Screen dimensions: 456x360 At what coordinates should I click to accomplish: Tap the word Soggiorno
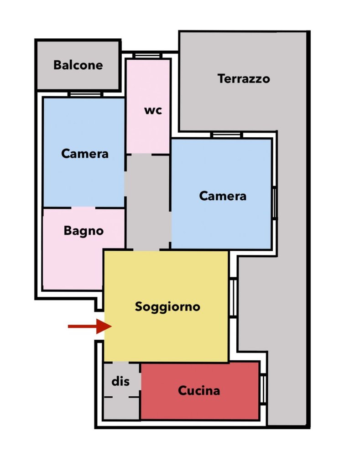coord(167,307)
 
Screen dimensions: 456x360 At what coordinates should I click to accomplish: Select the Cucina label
coord(199,391)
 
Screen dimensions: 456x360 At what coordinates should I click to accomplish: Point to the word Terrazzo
coord(244,79)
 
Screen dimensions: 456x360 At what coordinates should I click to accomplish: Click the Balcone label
coord(78,65)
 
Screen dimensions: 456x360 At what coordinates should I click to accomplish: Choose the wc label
coord(153,111)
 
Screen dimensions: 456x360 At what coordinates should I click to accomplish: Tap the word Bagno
coord(83,231)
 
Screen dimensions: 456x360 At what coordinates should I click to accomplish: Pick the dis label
coord(120,381)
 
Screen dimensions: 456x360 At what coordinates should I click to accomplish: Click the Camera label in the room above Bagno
coord(85,154)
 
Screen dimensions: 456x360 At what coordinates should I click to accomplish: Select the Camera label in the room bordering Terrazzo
coord(223,196)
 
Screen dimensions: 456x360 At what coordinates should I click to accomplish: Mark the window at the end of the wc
coord(147,56)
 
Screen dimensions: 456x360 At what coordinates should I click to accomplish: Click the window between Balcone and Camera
coord(85,94)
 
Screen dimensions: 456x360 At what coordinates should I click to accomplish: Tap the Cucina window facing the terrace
coord(263,389)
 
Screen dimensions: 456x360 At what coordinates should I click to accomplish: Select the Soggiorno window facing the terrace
coord(233,298)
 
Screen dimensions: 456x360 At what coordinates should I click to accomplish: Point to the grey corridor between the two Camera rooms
coord(148,201)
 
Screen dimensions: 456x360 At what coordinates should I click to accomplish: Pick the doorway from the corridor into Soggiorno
coord(146,249)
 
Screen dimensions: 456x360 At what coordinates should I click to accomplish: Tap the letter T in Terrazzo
coord(221,79)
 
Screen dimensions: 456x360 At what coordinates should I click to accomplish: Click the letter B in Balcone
coord(57,65)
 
